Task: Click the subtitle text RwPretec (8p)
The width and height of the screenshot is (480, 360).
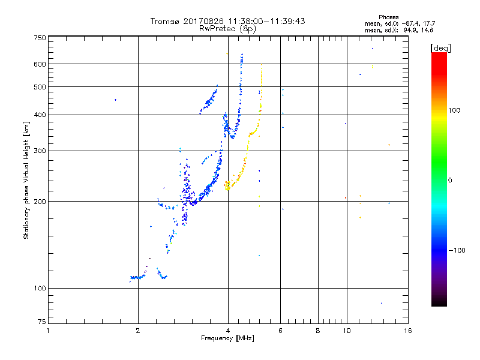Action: pyautogui.click(x=228, y=28)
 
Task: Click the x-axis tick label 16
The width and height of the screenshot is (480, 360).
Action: pyautogui.click(x=407, y=331)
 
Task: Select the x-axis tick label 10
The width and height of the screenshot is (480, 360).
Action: pyautogui.click(x=346, y=331)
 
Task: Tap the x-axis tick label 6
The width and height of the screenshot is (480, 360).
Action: pyautogui.click(x=280, y=331)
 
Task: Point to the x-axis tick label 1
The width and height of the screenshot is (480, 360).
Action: pyautogui.click(x=48, y=331)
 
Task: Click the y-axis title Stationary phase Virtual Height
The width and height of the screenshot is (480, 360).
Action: pyautogui.click(x=26, y=180)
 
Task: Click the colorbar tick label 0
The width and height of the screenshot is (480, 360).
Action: pyautogui.click(x=451, y=180)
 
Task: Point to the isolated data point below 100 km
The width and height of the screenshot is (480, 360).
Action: pyautogui.click(x=381, y=303)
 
